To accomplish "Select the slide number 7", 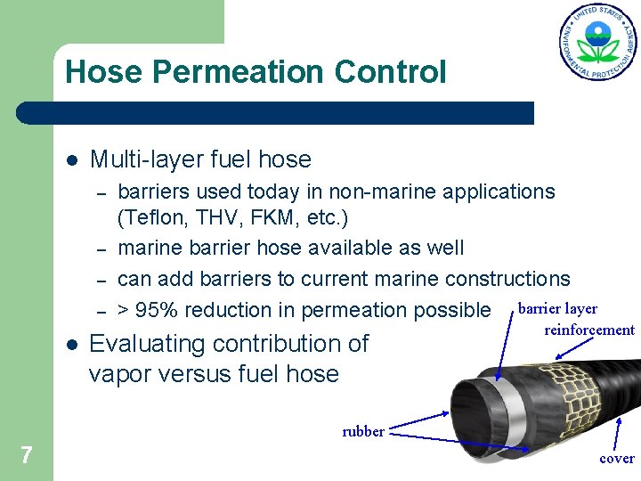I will pyautogui.click(x=27, y=456).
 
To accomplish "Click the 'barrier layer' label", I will pyautogui.click(x=558, y=309).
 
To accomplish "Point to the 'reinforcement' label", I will pyautogui.click(x=589, y=330).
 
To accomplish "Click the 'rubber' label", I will pyautogui.click(x=363, y=432).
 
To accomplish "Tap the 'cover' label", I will pyautogui.click(x=617, y=459).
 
